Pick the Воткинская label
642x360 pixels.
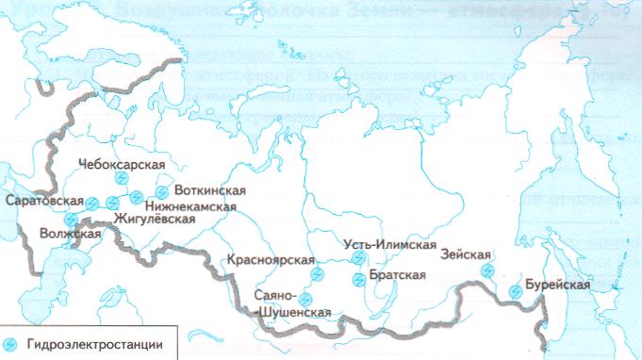(x=209, y=190)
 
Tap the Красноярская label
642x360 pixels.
(x=271, y=258)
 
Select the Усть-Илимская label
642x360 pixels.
(x=388, y=245)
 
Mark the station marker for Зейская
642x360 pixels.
(x=487, y=271)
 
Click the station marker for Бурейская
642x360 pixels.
(x=514, y=292)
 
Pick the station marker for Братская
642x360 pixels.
(x=357, y=279)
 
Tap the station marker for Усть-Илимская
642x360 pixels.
(x=357, y=257)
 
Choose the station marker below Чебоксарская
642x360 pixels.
(x=121, y=178)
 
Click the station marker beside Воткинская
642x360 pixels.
(x=161, y=191)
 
